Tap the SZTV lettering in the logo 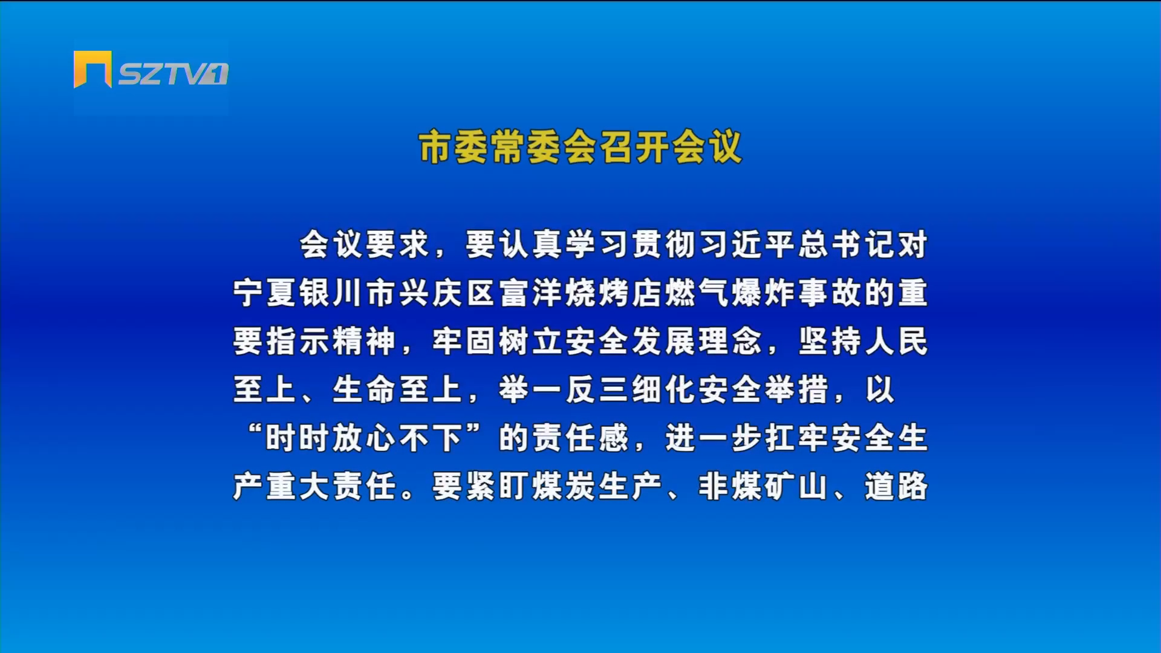click(x=173, y=74)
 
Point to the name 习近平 click(x=748, y=244)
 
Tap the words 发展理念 click(x=697, y=341)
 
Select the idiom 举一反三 click(x=564, y=389)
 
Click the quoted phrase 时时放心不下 click(x=365, y=438)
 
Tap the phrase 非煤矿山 click(x=764, y=486)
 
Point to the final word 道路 click(x=896, y=486)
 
